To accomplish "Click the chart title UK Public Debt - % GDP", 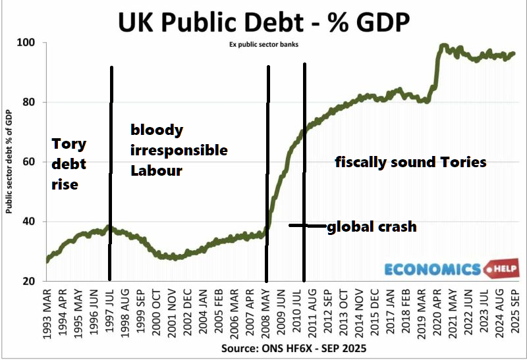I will (x=263, y=21).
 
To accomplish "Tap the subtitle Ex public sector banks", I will (x=263, y=45).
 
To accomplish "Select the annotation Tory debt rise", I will (x=69, y=164).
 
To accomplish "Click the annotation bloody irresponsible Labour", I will (x=178, y=150).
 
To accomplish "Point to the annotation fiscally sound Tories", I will (x=410, y=162).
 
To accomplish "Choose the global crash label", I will (x=372, y=226).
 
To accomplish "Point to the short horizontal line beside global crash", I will (x=307, y=226).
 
